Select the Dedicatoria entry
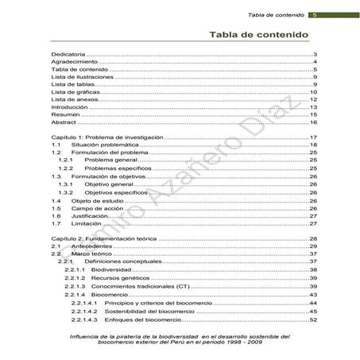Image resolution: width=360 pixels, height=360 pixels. pyautogui.click(x=68, y=54)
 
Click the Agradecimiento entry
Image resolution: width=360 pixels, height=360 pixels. pyautogui.click(x=74, y=62)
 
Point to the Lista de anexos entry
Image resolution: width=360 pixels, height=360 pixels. pyautogui.click(x=74, y=99)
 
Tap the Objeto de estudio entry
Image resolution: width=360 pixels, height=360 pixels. pyautogui.click(x=101, y=200)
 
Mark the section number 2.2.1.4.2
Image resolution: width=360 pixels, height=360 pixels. pyautogui.click(x=84, y=312)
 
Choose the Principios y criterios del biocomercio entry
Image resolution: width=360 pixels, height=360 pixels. pyautogui.click(x=154, y=304)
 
